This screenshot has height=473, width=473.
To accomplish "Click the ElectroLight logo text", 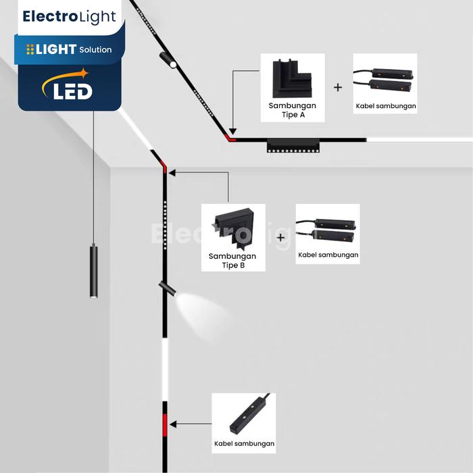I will point(70,17).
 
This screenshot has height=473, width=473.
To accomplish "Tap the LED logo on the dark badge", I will point(68,89).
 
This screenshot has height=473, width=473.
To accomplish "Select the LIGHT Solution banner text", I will point(70,49).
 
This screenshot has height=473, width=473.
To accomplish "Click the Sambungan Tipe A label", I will point(292,110).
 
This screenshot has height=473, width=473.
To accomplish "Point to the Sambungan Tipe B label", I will point(232,261).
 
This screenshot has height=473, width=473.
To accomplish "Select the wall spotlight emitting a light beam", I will point(168,288).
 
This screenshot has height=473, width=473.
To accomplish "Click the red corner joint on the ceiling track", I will point(230,139).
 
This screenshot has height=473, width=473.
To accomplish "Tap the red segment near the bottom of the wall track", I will point(164,426).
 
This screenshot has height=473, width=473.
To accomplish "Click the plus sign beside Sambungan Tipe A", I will point(338,87).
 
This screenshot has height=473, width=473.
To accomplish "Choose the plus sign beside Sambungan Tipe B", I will point(281,238).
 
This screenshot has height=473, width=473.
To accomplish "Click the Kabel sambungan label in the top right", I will point(386,106).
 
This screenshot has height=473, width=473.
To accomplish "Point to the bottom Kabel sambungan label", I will point(244,443).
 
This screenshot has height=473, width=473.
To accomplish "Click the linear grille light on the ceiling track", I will point(293,145).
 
